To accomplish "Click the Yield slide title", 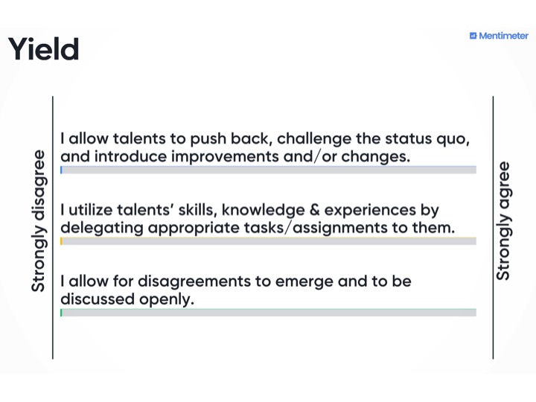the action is pos(43,48).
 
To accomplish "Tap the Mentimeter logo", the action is pos(499,36).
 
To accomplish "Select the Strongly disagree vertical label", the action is pos(38,221).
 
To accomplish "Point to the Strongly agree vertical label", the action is pos(502,221).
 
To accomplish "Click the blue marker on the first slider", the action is pos(61,170).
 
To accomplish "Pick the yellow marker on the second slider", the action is pos(61,241).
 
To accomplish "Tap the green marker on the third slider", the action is pos(61,313).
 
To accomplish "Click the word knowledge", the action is pos(264,211).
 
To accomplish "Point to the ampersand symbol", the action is pos(314,210).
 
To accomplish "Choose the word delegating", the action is pos(102,229).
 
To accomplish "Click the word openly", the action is pos(167,300).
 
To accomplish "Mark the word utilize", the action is pos(91,209).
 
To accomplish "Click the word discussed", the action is pos(98,299).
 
